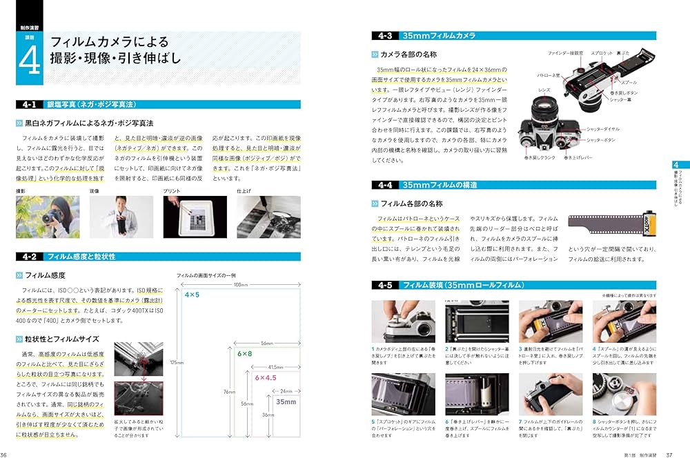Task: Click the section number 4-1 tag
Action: (29, 105)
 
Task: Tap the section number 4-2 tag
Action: (29, 257)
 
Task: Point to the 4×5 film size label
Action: (192, 295)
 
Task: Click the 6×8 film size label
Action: (245, 354)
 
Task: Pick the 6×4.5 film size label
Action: (264, 378)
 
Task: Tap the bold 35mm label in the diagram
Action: (285, 401)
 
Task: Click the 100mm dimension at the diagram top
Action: (240, 284)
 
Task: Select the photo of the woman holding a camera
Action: (47, 217)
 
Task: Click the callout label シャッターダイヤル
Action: (602, 129)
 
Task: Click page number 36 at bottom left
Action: (5, 454)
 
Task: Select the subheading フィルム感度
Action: (50, 275)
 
